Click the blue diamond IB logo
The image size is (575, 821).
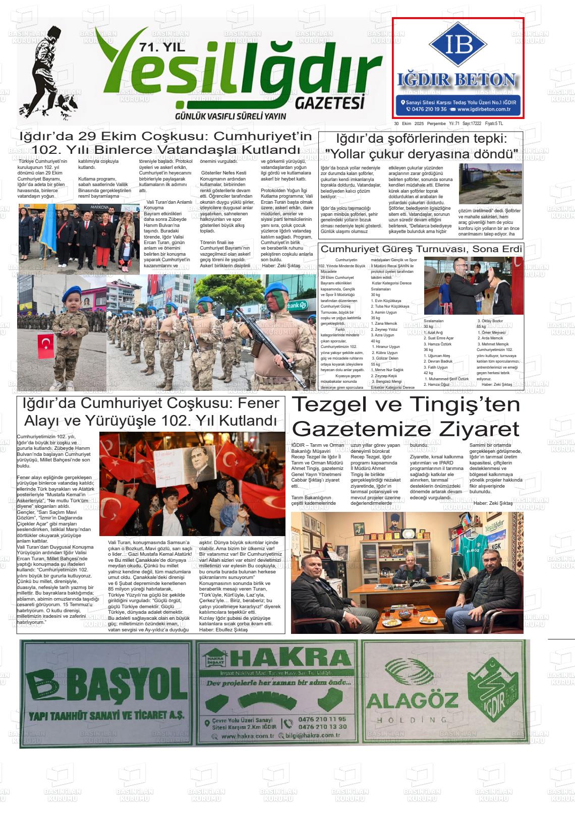coord(458,45)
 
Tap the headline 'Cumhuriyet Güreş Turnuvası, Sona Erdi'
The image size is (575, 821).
coord(421,249)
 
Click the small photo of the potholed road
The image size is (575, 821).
coord(490,184)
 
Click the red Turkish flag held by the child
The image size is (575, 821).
coord(46,345)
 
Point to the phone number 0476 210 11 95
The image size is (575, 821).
coord(322,719)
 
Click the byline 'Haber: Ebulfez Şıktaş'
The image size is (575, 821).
coord(223,629)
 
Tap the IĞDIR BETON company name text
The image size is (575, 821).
coord(457,80)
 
